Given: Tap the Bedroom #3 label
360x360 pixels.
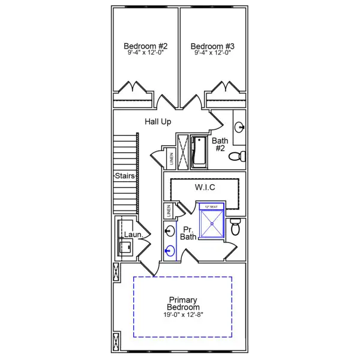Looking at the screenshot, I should click(x=213, y=46).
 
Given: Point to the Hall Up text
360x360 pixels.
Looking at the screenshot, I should click(x=158, y=122).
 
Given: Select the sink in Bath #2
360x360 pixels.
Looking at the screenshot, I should click(x=239, y=127).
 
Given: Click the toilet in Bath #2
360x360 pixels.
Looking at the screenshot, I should click(x=239, y=157).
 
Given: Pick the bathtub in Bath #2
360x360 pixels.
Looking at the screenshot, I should click(x=199, y=152).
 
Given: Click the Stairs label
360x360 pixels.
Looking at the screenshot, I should click(x=125, y=176).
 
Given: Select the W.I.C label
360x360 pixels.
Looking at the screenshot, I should click(x=205, y=187).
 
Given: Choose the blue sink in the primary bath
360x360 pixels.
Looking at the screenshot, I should click(x=170, y=251).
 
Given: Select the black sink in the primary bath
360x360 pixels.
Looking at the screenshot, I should click(x=170, y=230).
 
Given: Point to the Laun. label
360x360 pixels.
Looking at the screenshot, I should click(x=134, y=235).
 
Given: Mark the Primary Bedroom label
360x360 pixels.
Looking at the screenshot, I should click(x=184, y=304).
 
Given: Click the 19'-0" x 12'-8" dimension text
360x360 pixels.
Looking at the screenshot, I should click(x=184, y=314).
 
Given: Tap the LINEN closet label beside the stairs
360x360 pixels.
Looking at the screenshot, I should click(x=171, y=158).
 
